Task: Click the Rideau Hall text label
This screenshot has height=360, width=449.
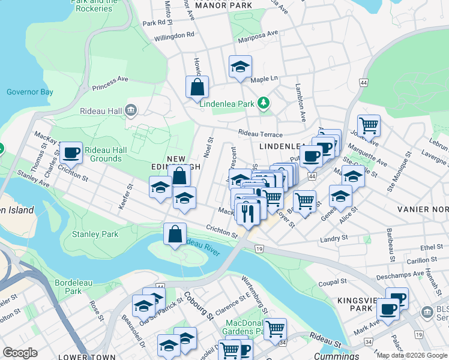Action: [x=101, y=111]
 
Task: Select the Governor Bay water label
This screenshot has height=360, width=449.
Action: [x=29, y=92]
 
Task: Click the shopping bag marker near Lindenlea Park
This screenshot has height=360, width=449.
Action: [x=197, y=88]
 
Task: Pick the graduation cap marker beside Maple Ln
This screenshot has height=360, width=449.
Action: [x=240, y=67]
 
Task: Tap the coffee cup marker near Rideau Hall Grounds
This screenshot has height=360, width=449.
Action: [x=71, y=153]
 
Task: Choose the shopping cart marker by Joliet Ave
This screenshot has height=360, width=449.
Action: [x=369, y=125]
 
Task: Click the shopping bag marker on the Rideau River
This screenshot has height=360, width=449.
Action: [x=175, y=234]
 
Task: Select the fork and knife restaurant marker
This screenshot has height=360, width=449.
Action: [x=247, y=212]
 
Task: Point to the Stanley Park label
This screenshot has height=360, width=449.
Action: [x=95, y=234]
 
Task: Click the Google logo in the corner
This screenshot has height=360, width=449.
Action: [x=20, y=353]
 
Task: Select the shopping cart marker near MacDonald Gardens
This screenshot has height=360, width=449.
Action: [x=275, y=329]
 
